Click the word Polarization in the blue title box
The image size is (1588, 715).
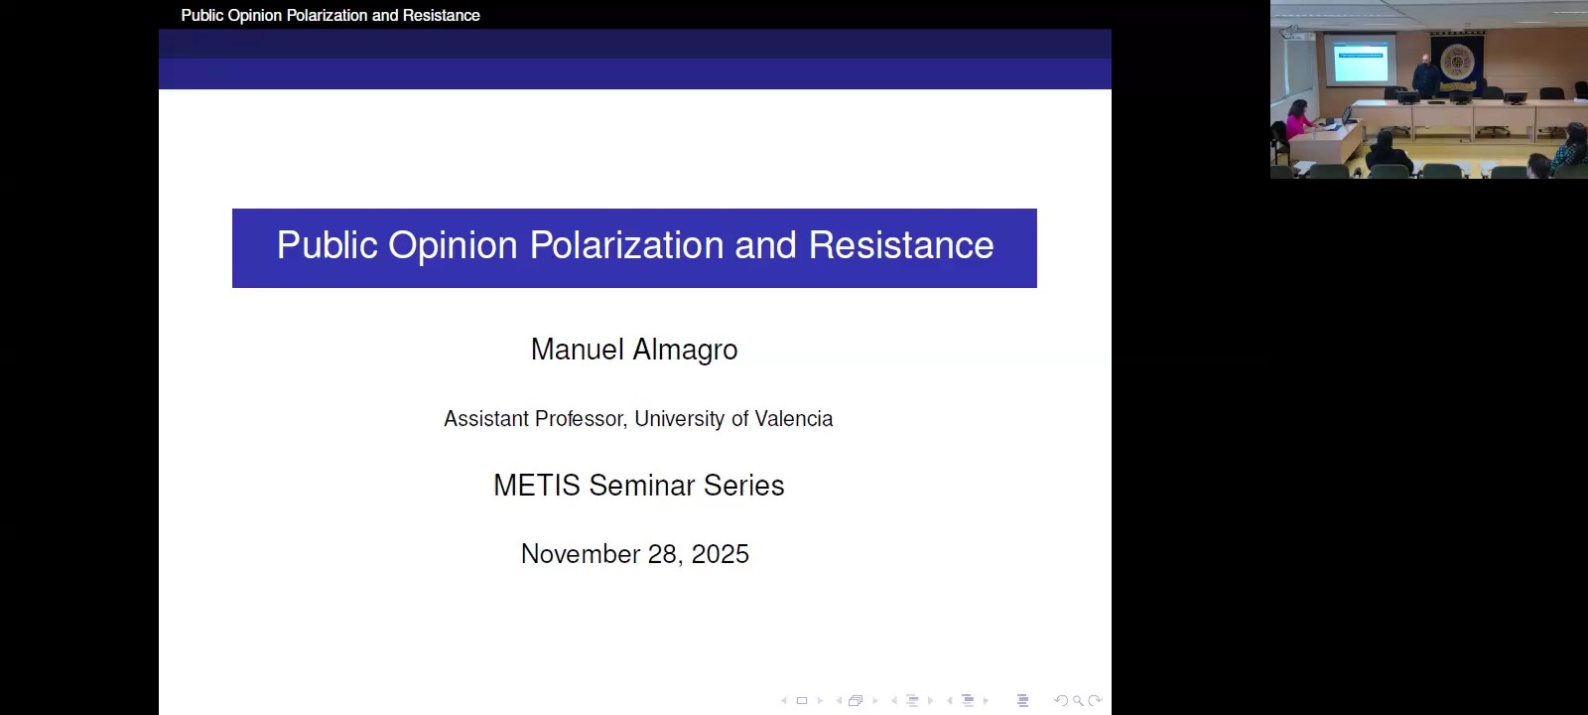pos(626,245)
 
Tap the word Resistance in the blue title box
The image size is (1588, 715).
pos(901,245)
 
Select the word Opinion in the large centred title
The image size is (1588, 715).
pos(453,246)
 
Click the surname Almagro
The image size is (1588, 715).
pos(685,350)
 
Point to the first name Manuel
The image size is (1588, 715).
pos(577,350)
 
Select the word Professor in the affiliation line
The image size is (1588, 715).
pos(579,419)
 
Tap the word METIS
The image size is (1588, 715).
pos(536,486)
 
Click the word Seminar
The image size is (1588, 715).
pos(642,486)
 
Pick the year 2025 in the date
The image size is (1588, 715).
pos(720,554)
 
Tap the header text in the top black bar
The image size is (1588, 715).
pos(331,15)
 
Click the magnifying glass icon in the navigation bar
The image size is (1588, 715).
pos(1078,701)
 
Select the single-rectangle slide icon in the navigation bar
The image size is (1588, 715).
pos(802,701)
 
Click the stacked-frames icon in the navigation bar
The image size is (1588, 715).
pos(856,701)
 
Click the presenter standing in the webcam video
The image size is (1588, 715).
pos(1422,75)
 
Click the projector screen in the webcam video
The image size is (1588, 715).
pos(1360,62)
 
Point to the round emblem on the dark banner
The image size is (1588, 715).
pos(1457,62)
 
